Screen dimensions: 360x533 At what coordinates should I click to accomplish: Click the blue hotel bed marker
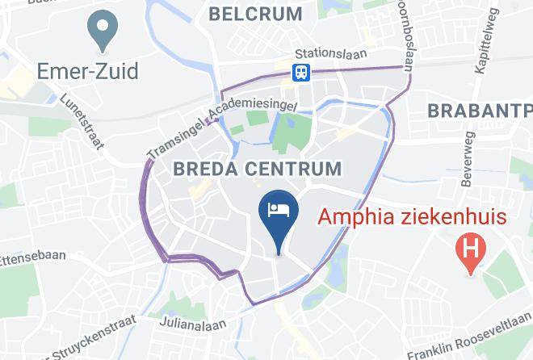[279, 212]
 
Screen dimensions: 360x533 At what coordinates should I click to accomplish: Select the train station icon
[302, 73]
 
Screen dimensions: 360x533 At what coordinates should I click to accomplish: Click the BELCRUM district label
[255, 14]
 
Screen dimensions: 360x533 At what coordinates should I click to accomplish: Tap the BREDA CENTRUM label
[258, 169]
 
